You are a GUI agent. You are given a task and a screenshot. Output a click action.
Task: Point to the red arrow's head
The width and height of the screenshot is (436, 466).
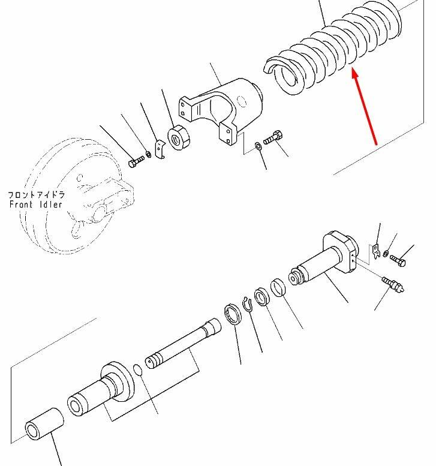[x=355, y=73]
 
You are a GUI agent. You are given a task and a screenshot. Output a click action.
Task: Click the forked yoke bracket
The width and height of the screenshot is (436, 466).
[x=221, y=110]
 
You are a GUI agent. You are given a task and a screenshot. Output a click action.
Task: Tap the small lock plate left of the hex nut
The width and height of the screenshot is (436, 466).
[x=160, y=149]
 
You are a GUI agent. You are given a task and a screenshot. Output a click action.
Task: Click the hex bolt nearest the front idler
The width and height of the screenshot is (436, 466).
[x=136, y=162]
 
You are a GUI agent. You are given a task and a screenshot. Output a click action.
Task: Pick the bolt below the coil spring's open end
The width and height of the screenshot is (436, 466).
[x=273, y=137]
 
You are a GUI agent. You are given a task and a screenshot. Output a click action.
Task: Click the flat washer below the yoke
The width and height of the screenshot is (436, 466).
[x=258, y=146]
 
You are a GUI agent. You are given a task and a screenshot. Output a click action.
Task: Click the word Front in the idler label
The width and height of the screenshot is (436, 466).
[x=21, y=205]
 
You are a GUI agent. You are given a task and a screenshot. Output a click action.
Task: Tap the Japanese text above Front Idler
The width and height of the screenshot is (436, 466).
[x=36, y=195]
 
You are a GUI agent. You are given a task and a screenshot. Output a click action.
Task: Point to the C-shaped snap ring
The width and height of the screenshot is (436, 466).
[x=247, y=305]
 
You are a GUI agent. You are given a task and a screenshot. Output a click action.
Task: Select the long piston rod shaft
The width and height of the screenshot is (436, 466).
[x=184, y=343]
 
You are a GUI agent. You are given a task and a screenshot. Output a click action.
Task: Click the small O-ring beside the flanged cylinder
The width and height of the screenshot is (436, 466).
[x=137, y=370]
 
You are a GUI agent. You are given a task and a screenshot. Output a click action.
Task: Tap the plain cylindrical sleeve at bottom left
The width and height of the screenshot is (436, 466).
[x=44, y=424]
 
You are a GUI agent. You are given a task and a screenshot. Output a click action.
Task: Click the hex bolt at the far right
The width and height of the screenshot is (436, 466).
[x=398, y=261]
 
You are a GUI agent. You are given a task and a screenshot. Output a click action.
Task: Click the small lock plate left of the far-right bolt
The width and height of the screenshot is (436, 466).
[x=376, y=251]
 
